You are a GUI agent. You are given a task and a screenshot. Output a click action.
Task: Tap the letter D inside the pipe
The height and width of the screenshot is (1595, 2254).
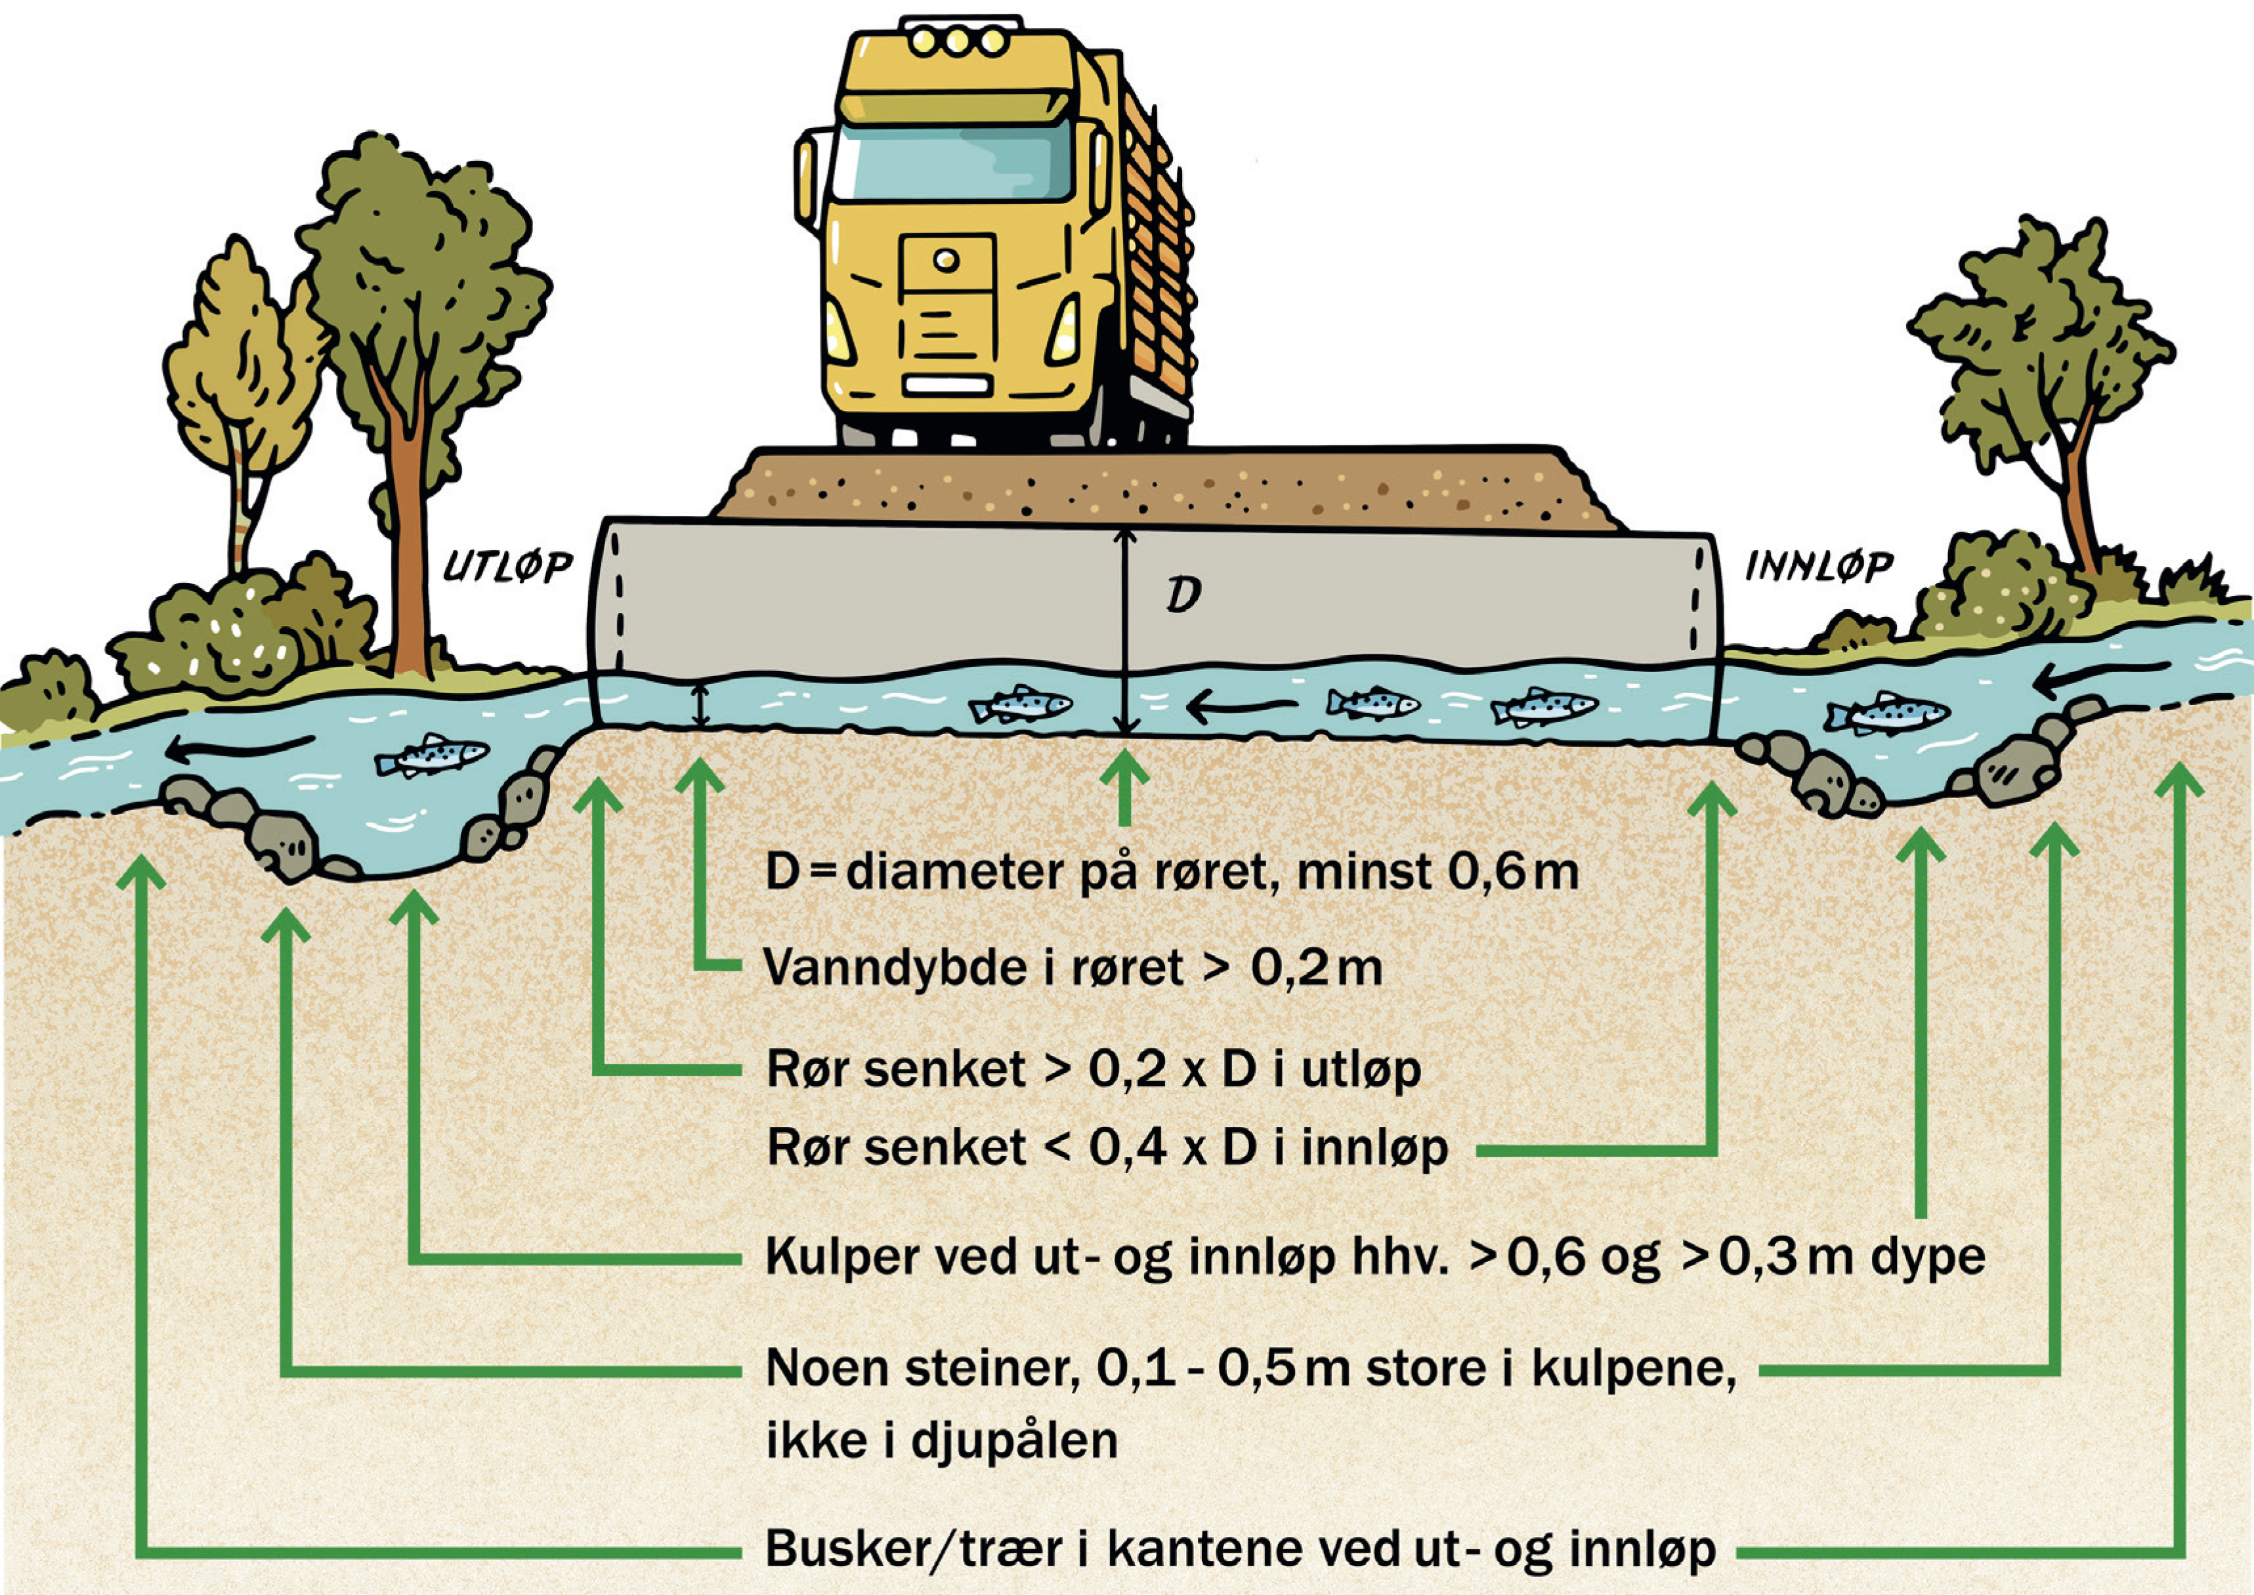(1183, 594)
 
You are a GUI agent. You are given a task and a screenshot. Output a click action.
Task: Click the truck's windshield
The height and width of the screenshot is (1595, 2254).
(952, 163)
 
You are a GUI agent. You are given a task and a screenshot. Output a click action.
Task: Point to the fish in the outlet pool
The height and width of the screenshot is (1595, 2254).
(432, 755)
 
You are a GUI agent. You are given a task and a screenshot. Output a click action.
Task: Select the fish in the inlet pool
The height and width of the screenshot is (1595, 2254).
(1886, 712)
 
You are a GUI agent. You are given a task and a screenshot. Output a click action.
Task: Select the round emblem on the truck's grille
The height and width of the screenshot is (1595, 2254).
(946, 261)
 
